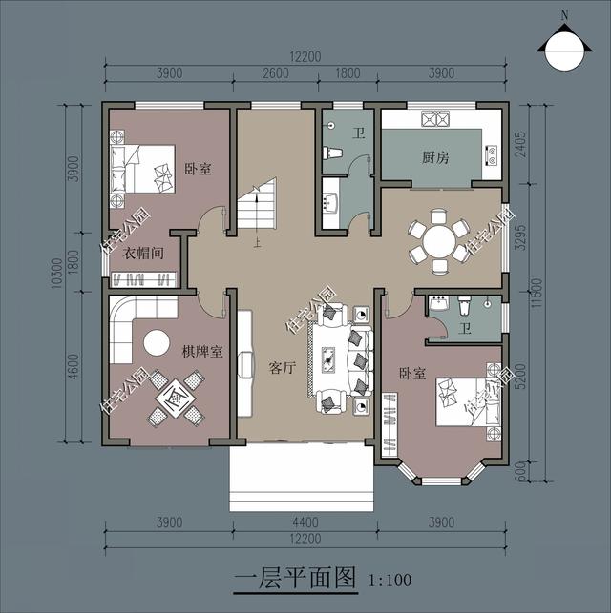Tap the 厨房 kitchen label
coord(436,157)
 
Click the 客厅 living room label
coord(281,367)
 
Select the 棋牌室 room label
coord(201,352)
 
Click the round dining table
coord(439,241)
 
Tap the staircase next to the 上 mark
coord(256,206)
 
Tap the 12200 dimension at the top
coord(304,56)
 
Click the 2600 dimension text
coord(275,74)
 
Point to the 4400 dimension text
coord(303,522)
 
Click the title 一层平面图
coord(294,579)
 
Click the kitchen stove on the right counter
coord(491,154)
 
